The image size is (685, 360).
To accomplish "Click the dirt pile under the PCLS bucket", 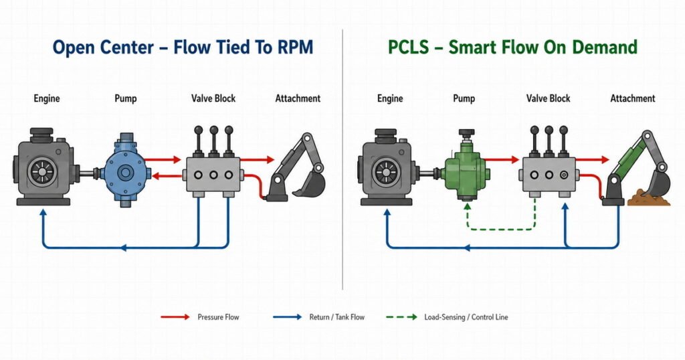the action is click(x=649, y=198).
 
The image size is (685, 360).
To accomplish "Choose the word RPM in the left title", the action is click(x=295, y=48).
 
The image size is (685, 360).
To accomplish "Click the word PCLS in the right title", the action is click(x=409, y=48).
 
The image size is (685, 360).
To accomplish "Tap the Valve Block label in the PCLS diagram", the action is click(x=548, y=98).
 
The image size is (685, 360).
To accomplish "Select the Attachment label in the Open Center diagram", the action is click(x=298, y=98).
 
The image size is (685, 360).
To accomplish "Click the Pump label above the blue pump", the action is click(x=125, y=98).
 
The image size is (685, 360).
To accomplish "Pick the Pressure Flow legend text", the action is click(x=218, y=317).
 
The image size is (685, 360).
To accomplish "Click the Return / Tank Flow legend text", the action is click(x=337, y=317).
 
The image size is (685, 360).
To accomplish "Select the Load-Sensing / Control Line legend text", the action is click(x=466, y=317).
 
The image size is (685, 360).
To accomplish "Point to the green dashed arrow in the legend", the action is click(x=401, y=317).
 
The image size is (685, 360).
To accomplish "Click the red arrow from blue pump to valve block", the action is click(x=163, y=159).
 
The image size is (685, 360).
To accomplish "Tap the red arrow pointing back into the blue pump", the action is click(x=167, y=176).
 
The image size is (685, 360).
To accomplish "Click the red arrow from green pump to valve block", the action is click(x=502, y=159).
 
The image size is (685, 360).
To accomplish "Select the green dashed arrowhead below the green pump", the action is click(x=467, y=205).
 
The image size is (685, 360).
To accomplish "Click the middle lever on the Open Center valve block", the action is click(x=213, y=141).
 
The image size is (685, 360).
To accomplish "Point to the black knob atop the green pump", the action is click(x=466, y=132).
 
